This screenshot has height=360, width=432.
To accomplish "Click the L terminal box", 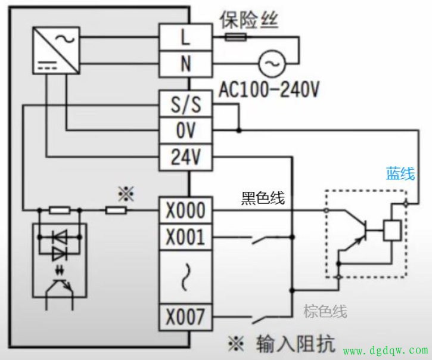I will [185, 37].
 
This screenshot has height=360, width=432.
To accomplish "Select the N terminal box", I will [185, 63].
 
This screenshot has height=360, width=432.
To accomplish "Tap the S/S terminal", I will [185, 105].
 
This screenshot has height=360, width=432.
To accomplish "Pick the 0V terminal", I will [185, 131].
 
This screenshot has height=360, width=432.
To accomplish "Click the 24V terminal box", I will [185, 157].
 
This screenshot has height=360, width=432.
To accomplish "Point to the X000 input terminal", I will [185, 210].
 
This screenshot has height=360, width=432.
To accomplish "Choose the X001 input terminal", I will [185, 237].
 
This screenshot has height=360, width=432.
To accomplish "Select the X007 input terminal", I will [185, 317].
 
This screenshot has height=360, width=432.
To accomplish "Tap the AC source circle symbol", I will [271, 62].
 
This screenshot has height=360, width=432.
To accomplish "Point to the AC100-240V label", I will [269, 89].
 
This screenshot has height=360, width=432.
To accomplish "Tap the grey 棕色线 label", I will [325, 311].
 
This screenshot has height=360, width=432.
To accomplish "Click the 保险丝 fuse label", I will [248, 20].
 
